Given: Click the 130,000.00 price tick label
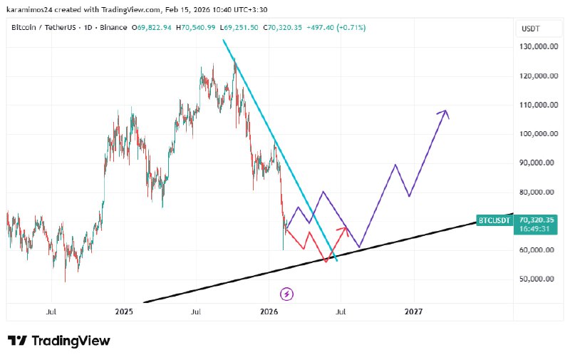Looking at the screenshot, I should click(538, 46).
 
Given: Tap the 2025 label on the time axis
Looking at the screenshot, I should click(124, 312).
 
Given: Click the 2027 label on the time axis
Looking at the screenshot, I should click(413, 312).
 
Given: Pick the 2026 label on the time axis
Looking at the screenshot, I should click(269, 312).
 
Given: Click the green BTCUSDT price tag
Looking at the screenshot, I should click(494, 220).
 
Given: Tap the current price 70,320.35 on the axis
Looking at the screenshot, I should click(538, 220).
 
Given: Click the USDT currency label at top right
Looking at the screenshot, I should click(531, 29).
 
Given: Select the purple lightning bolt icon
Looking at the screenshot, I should click(286, 294).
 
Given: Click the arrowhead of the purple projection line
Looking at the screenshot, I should click(445, 112).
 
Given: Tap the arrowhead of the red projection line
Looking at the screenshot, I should click(346, 228).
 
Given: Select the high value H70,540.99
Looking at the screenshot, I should click(197, 27).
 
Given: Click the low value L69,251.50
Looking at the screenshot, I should click(239, 27).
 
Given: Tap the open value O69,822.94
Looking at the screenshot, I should click(152, 27).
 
